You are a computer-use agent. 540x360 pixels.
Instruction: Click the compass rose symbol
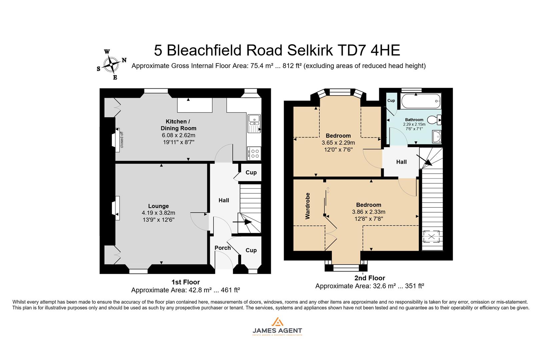pos(111,65)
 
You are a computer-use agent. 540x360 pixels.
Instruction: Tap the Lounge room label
pos(158,206)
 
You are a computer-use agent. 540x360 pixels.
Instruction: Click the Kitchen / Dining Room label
pos(178,125)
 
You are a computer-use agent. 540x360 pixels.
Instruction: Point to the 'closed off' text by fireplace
pos(122,140)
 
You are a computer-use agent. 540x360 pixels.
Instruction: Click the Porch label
pos(222,248)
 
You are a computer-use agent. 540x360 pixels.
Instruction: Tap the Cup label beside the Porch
pos(251,250)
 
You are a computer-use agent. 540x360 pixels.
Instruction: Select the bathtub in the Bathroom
pos(420,101)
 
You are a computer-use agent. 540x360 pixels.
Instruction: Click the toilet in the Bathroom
pos(435,120)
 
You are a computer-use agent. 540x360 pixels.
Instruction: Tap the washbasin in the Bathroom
pos(436,136)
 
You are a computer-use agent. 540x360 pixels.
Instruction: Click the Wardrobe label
pos(307,206)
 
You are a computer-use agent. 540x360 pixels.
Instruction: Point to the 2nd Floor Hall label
pos(401,162)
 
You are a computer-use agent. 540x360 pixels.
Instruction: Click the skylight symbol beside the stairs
pos(432,237)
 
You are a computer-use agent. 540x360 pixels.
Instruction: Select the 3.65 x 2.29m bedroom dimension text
pos(338,143)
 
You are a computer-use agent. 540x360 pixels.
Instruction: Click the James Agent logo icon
pos(277,322)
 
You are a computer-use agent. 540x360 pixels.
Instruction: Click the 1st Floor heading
pos(185,282)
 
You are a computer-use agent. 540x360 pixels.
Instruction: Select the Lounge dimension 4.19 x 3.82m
pos(158,213)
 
